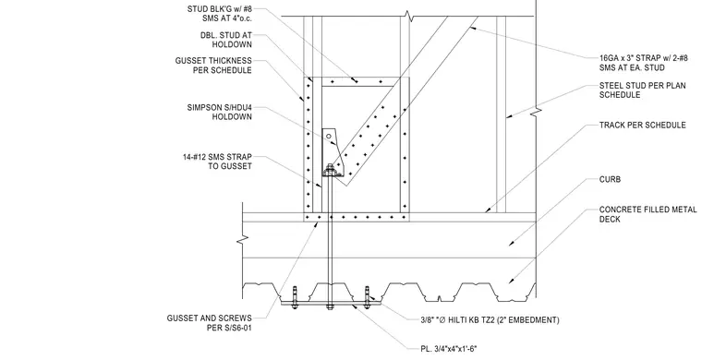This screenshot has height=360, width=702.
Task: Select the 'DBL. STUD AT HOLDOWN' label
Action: (226, 40)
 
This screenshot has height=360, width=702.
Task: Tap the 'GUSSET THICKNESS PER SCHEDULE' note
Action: (213, 66)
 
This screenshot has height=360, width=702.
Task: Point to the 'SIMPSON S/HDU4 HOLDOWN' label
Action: (220, 113)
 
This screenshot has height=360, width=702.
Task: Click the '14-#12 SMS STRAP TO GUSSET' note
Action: (217, 162)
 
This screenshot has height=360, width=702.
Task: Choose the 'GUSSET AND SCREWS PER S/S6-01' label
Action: (209, 323)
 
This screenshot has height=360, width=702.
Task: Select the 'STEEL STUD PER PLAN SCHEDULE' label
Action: (643, 90)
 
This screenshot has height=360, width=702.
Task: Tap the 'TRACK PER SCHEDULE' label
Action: (643, 126)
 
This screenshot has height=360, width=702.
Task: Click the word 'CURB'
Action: (610, 180)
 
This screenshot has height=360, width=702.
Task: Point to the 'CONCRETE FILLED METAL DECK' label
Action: (648, 214)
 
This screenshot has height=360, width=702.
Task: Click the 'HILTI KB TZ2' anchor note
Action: (489, 320)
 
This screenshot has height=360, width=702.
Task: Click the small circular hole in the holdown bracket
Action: (329, 136)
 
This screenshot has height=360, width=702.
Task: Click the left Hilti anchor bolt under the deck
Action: (294, 297)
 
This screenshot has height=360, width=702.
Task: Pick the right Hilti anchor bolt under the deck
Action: (367, 297)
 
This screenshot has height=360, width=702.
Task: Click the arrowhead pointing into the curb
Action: (512, 244)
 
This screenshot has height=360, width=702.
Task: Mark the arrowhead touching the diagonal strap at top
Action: (472, 29)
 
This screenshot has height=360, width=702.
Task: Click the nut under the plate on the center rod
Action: (330, 307)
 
